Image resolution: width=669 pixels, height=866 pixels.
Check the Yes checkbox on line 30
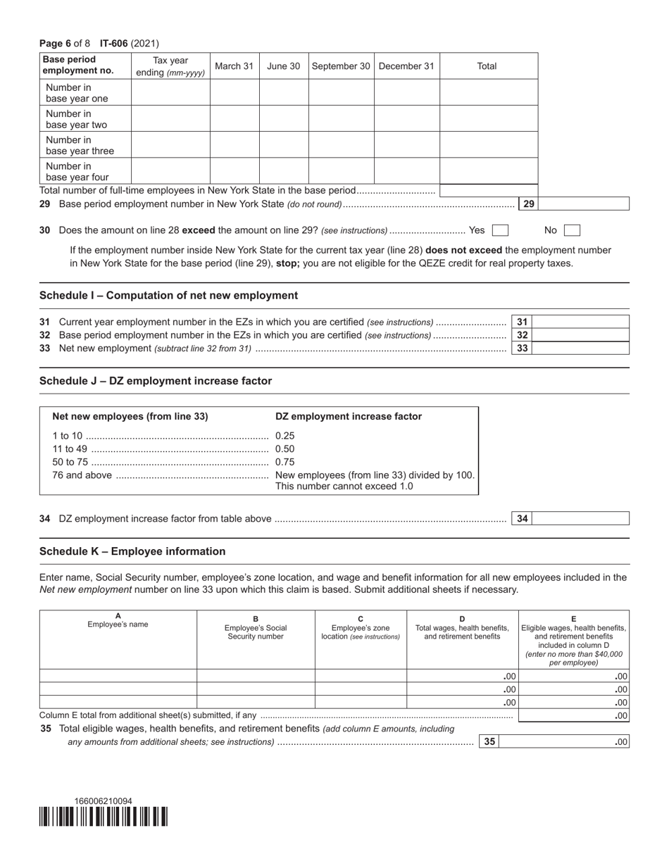pyautogui.click(x=500, y=230)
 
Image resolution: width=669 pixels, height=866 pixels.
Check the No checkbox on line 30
pyautogui.click(x=572, y=230)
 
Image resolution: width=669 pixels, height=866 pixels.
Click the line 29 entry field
pyautogui.click(x=584, y=204)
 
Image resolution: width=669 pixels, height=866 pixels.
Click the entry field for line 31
pyautogui.click(x=580, y=322)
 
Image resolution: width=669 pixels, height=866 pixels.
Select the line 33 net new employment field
pyautogui.click(x=580, y=348)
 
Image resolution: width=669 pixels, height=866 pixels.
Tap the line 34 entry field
pyautogui.click(x=580, y=519)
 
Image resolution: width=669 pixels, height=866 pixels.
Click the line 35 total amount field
pyautogui.click(x=563, y=741)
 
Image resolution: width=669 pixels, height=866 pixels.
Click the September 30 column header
pyautogui.click(x=341, y=66)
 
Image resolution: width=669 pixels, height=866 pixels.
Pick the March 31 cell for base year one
pyautogui.click(x=234, y=92)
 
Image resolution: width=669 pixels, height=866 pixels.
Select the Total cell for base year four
pyautogui.click(x=488, y=171)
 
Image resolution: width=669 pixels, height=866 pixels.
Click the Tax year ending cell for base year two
pyautogui.click(x=170, y=119)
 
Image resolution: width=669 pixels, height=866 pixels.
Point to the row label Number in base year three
pyautogui.click(x=80, y=145)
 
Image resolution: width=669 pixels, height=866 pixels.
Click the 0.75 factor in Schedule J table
pyautogui.click(x=285, y=462)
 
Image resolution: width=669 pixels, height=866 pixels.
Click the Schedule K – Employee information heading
pyautogui.click(x=132, y=551)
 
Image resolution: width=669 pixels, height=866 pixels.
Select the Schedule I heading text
pyautogui.click(x=168, y=296)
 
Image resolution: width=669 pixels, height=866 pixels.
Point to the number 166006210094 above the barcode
pyautogui.click(x=104, y=801)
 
